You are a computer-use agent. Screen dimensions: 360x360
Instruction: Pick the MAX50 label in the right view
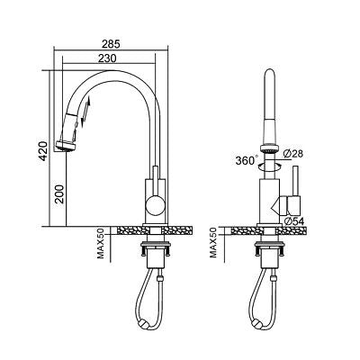point(214,241)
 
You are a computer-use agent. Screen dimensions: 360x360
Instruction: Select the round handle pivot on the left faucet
point(156,206)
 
